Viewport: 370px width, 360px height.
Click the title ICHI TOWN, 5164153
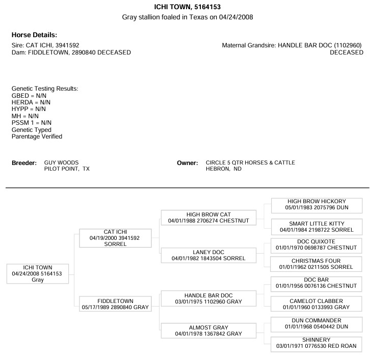[188, 7]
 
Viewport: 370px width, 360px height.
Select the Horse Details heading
[35, 35]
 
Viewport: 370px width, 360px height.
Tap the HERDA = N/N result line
[31, 102]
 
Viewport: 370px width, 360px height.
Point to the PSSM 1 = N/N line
[32, 123]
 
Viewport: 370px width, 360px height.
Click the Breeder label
[24, 163]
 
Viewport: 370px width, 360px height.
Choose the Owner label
[188, 163]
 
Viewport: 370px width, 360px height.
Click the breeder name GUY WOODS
[61, 162]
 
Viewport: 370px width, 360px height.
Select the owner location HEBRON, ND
[224, 169]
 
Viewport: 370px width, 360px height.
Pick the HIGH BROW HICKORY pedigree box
[316, 206]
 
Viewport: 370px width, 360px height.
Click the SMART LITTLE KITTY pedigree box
[316, 227]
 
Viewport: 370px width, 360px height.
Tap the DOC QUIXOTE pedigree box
[316, 245]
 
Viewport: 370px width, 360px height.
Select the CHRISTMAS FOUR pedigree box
[316, 264]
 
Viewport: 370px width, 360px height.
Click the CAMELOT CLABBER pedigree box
[316, 304]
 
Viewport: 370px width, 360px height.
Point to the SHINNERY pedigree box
[316, 344]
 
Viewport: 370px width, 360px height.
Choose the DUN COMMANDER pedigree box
[316, 325]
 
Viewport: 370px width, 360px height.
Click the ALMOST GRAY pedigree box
[208, 330]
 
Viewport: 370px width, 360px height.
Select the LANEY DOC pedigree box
[208, 255]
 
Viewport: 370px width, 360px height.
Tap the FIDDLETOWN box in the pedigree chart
[115, 304]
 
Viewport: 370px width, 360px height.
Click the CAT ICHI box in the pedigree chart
[115, 238]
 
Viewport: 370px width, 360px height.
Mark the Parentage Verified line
[37, 136]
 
